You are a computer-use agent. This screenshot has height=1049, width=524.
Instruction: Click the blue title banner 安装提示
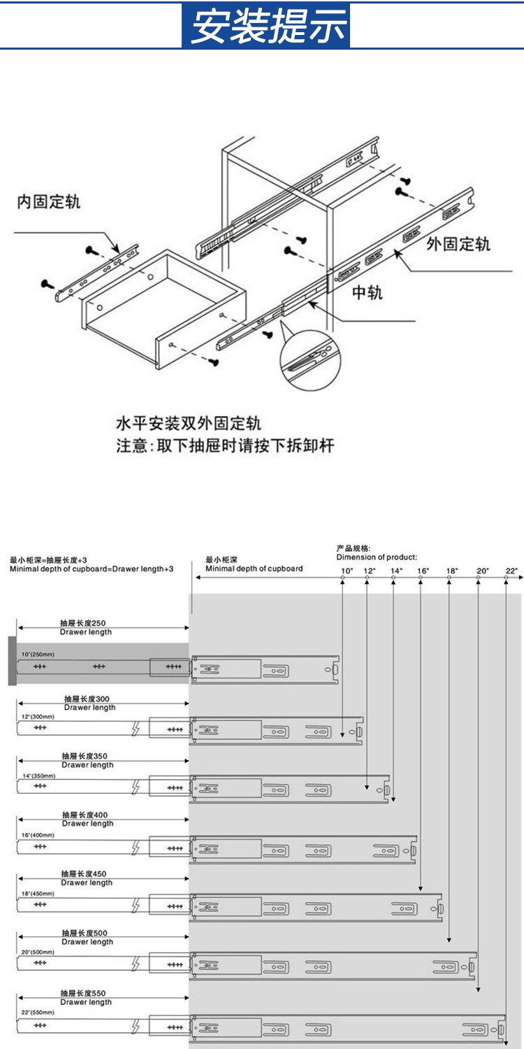click(266, 26)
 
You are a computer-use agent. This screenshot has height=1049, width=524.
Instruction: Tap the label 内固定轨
click(49, 202)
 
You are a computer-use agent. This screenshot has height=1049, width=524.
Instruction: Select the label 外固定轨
click(458, 244)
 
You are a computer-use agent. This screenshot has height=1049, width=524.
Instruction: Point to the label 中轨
click(367, 292)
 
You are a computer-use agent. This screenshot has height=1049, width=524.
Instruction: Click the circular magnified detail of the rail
click(310, 359)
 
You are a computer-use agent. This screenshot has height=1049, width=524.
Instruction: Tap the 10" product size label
click(347, 571)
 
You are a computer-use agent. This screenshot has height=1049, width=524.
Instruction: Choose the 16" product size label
click(423, 571)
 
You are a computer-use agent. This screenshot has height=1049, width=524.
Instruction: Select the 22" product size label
click(511, 571)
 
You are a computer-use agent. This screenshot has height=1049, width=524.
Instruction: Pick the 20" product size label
click(482, 571)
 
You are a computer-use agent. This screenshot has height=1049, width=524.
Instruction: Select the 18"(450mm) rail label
click(38, 893)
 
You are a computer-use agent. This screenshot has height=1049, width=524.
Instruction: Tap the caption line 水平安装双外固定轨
click(189, 424)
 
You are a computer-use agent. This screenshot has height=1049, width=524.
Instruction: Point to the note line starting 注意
click(224, 446)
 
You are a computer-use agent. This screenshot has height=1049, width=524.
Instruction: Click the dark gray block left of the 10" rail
click(12, 661)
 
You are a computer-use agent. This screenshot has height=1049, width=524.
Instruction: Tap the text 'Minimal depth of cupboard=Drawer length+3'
click(92, 569)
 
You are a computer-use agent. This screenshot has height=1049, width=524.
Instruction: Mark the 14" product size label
click(397, 571)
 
